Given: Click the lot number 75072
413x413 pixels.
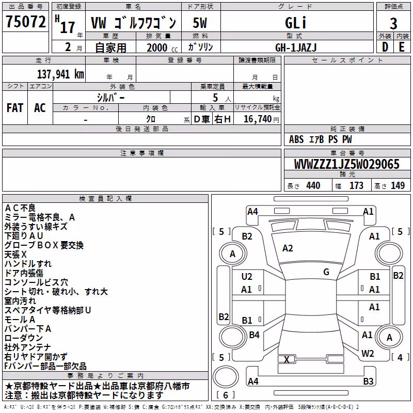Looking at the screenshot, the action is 25,22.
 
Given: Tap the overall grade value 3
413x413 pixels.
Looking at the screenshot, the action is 393,24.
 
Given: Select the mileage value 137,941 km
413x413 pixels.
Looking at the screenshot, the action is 60,74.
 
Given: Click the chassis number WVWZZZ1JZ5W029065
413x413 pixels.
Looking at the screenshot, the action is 346,164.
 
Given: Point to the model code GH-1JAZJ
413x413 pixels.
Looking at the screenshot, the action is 296,47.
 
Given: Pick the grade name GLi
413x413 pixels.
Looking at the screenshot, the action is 295,23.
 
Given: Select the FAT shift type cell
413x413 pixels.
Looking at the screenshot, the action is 15,108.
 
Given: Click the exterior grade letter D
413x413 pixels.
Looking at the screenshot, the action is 385,47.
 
